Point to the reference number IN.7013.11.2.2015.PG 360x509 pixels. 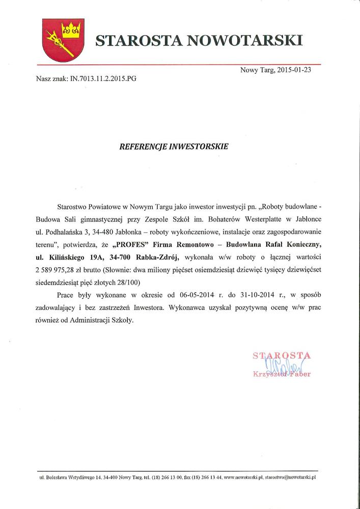[100, 79]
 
